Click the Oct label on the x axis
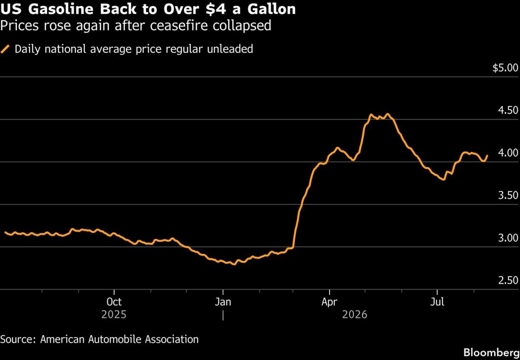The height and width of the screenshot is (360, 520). (x=114, y=302)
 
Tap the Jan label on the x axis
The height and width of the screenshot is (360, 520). (x=223, y=302)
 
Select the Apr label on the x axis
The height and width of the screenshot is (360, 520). (x=329, y=302)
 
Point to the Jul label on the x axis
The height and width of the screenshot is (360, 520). (x=437, y=302)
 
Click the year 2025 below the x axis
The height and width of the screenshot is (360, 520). (x=114, y=314)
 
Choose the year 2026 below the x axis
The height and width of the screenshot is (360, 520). (x=355, y=314)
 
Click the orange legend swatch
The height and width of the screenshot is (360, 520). (x=5, y=49)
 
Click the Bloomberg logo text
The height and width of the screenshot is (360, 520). (x=491, y=352)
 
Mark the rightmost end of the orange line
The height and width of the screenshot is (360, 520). (x=487, y=155)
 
